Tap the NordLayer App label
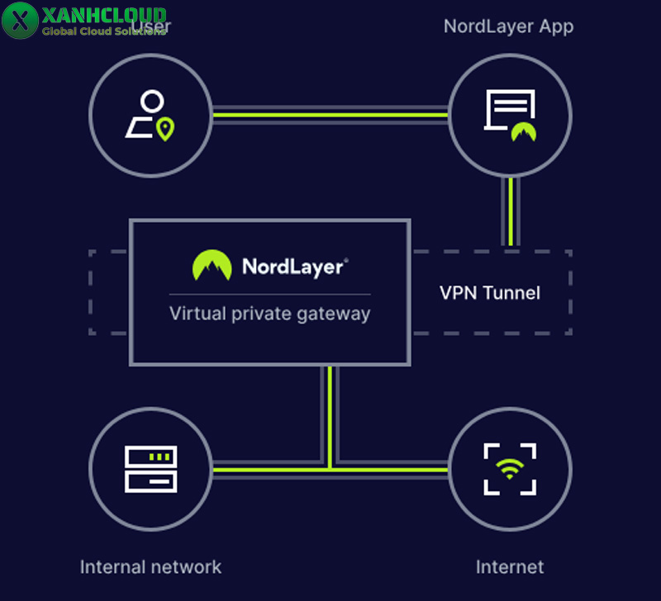[508, 26]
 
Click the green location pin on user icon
[166, 129]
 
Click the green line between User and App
[330, 115]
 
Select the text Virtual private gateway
[269, 314]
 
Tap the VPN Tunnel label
[489, 292]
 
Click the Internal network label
[150, 567]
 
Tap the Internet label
[510, 567]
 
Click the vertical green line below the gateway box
[330, 413]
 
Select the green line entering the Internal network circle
[248, 468]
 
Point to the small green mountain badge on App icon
[523, 131]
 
